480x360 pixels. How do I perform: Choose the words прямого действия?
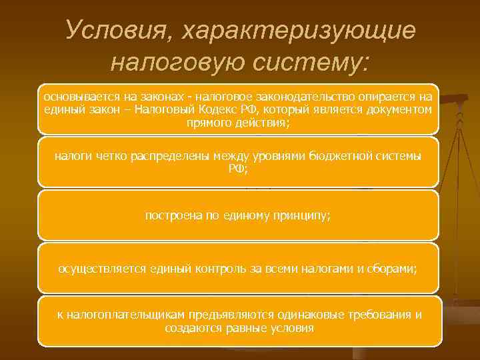click(x=239, y=123)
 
